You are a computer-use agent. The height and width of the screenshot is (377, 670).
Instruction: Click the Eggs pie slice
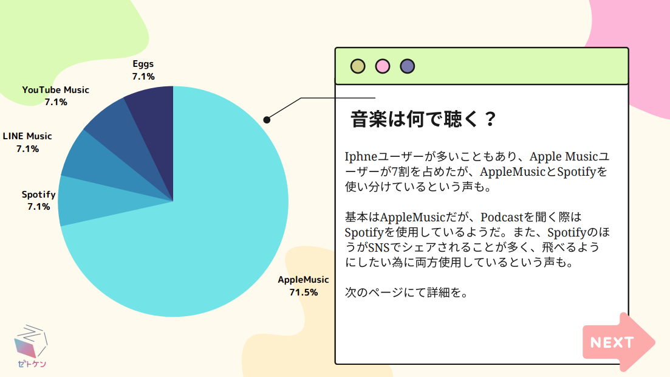coord(153,128)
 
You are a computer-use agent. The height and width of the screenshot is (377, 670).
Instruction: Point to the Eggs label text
coord(143,64)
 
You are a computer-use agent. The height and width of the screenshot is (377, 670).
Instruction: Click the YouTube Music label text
coord(55,90)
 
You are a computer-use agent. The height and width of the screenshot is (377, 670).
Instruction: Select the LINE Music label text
coord(27,136)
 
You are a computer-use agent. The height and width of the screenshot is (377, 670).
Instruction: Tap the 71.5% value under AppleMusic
coord(303,292)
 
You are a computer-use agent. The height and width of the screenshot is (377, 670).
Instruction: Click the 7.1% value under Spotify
coord(38,207)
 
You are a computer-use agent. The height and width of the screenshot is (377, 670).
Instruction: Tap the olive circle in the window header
coord(358,66)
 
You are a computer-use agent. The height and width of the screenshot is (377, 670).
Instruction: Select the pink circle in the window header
coord(383,66)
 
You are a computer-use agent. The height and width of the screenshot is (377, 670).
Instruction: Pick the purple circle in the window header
coord(407,66)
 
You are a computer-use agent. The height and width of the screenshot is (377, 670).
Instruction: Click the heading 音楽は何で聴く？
coord(423,119)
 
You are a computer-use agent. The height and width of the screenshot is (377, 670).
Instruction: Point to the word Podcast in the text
coord(502,217)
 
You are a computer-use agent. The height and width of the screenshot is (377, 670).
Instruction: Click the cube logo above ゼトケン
coord(31,341)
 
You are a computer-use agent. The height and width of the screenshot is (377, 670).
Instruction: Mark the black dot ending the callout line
coord(267,120)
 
